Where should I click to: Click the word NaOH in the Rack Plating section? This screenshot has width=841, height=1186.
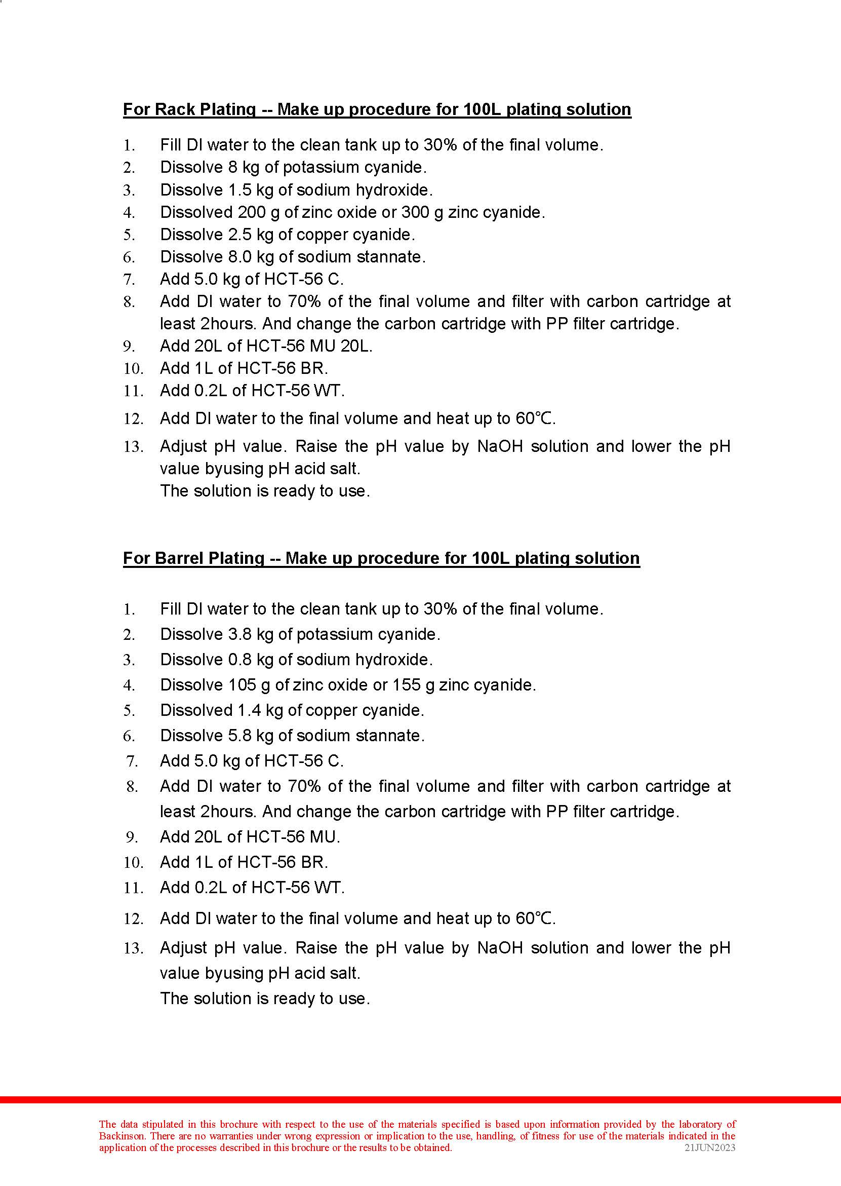click(x=500, y=447)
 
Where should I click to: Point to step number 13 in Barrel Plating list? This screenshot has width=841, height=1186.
click(x=133, y=949)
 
